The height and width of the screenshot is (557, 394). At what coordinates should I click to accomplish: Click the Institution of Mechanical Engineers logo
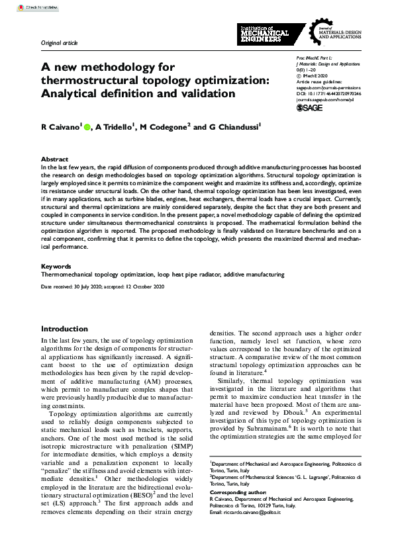tap(263, 32)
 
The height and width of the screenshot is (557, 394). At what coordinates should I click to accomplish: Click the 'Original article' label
tap(59, 43)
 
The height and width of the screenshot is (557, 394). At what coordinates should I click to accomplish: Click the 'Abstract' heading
tap(54, 159)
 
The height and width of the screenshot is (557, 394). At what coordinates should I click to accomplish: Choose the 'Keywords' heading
tap(56, 267)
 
